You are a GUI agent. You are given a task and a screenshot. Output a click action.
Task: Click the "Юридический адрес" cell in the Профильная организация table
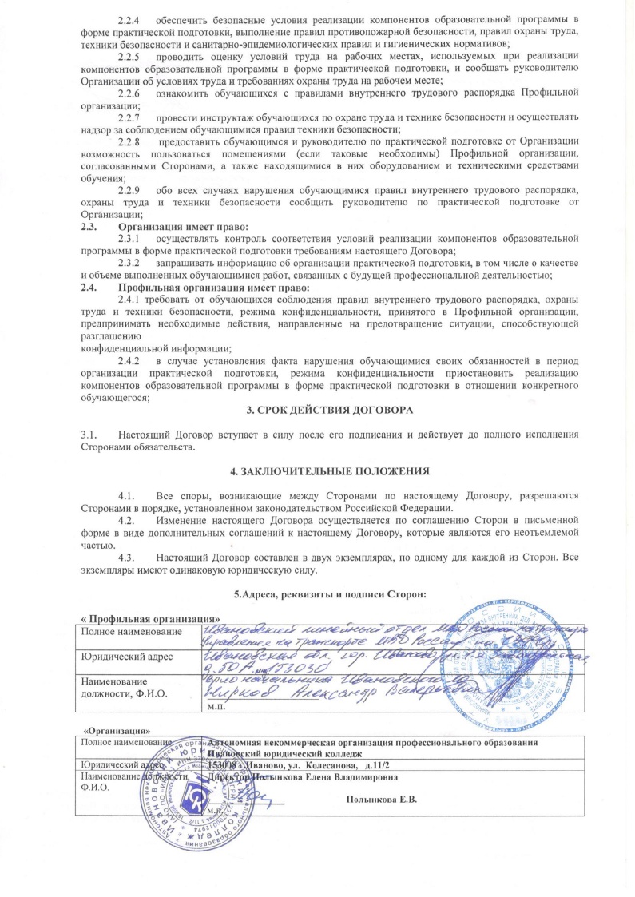point(126,657)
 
